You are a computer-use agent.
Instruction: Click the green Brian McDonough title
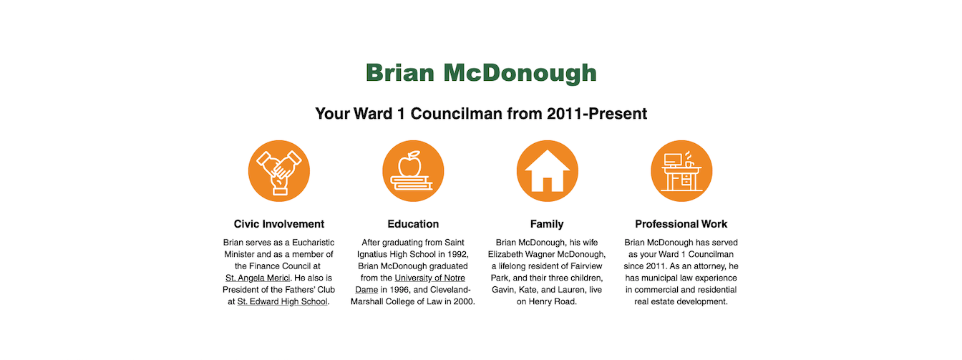(481, 72)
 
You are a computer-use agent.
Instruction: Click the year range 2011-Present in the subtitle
(597, 114)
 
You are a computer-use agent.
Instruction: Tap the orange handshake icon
(279, 171)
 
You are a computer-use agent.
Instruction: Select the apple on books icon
(413, 171)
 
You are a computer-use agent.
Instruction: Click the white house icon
(547, 171)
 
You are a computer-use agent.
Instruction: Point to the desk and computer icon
(681, 171)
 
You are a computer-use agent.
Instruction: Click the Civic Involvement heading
(279, 224)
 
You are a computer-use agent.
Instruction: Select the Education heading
(413, 224)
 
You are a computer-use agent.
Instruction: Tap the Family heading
(547, 224)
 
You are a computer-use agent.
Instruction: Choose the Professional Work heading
(681, 224)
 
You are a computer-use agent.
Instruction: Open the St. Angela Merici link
(258, 278)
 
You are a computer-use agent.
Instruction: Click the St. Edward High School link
(283, 301)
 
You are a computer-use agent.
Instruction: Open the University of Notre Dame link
(410, 284)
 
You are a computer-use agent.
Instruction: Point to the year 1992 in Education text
(457, 254)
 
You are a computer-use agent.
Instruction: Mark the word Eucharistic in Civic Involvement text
(313, 243)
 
